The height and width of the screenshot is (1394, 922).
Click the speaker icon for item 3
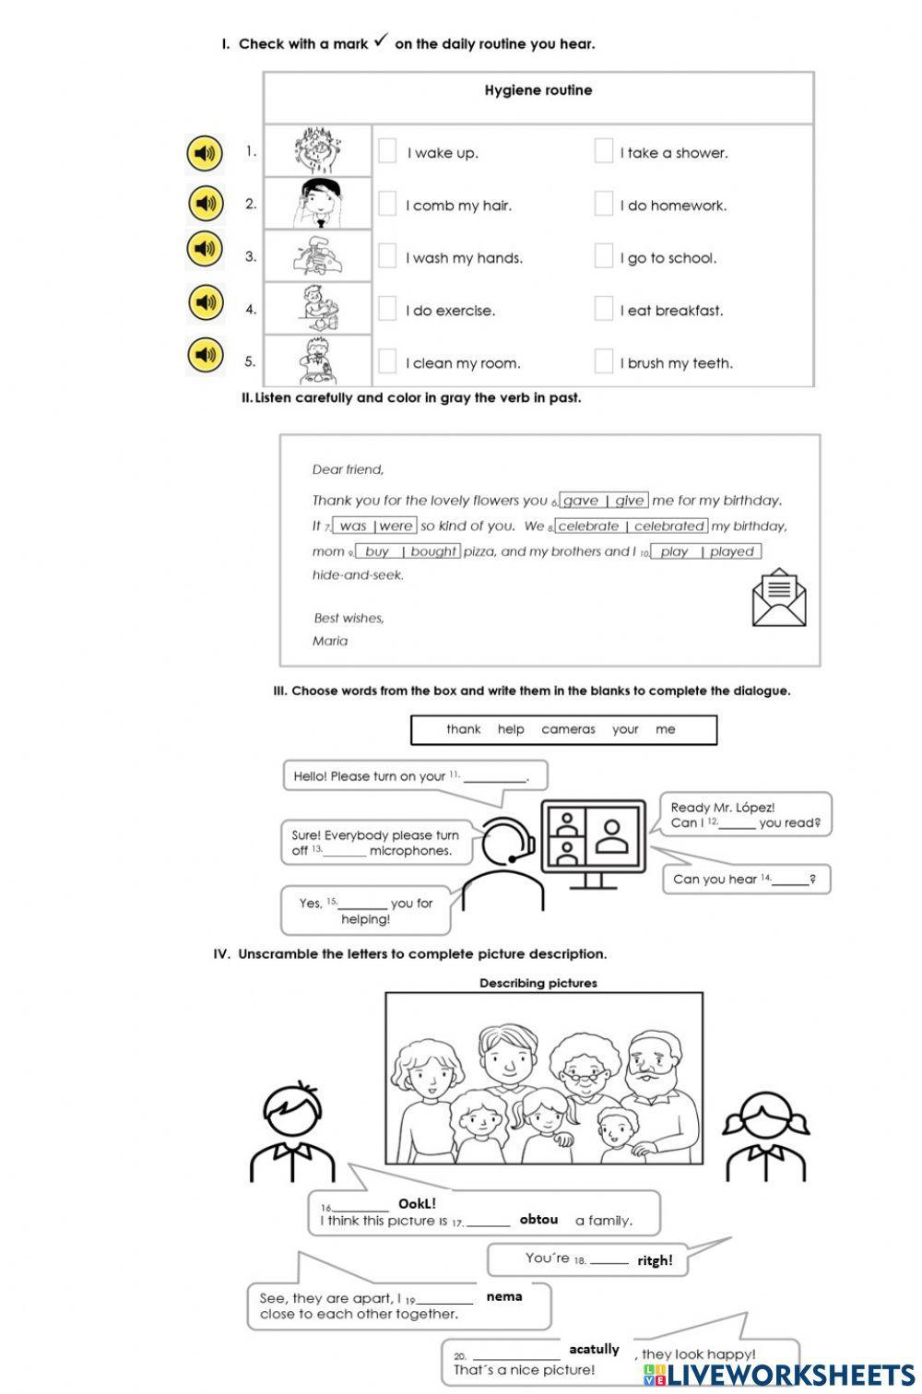(x=205, y=249)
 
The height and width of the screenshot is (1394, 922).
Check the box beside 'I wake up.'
(x=387, y=151)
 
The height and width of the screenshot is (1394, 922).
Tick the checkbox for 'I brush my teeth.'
(x=604, y=361)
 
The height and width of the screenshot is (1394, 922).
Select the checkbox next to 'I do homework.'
(x=604, y=204)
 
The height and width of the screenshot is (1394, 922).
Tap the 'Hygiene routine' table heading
(x=538, y=90)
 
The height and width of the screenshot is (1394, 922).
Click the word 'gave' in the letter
(x=581, y=501)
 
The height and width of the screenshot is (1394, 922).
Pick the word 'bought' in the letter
(x=433, y=551)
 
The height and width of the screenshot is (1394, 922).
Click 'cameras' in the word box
(x=568, y=729)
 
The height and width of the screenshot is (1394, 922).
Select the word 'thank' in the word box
(x=463, y=729)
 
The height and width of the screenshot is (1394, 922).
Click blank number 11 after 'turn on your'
(x=494, y=777)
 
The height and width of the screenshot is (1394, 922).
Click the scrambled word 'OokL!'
(x=417, y=1203)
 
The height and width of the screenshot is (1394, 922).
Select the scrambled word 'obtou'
(x=538, y=1219)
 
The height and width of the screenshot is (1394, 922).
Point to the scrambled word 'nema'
(x=504, y=1296)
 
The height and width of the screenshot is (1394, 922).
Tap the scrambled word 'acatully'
(x=595, y=1349)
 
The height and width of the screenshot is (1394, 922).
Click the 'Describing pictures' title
(x=538, y=983)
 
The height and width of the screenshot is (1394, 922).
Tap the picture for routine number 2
(x=317, y=204)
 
